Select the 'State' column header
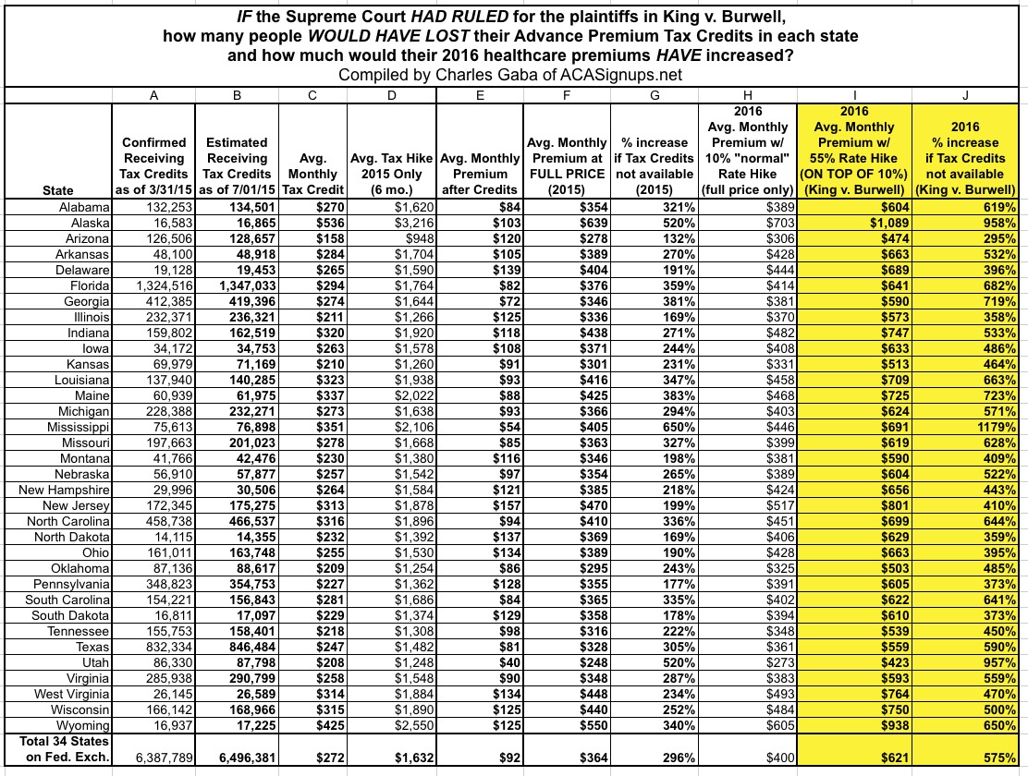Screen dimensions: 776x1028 click(58, 190)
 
